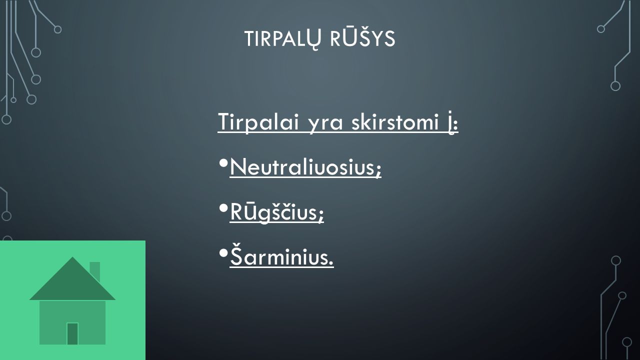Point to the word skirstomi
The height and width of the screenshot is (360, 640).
[395, 121]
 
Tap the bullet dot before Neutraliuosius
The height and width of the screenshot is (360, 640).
[223, 163]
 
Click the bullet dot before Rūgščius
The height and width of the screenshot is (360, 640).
[223, 208]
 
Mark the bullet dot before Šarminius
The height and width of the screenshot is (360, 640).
[223, 253]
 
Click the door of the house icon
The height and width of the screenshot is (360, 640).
[72, 333]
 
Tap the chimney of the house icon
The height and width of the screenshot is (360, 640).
[95, 271]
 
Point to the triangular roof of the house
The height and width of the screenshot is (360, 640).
[72, 283]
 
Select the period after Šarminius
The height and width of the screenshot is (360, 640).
[331, 263]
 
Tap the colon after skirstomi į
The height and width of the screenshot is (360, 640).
[455, 124]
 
